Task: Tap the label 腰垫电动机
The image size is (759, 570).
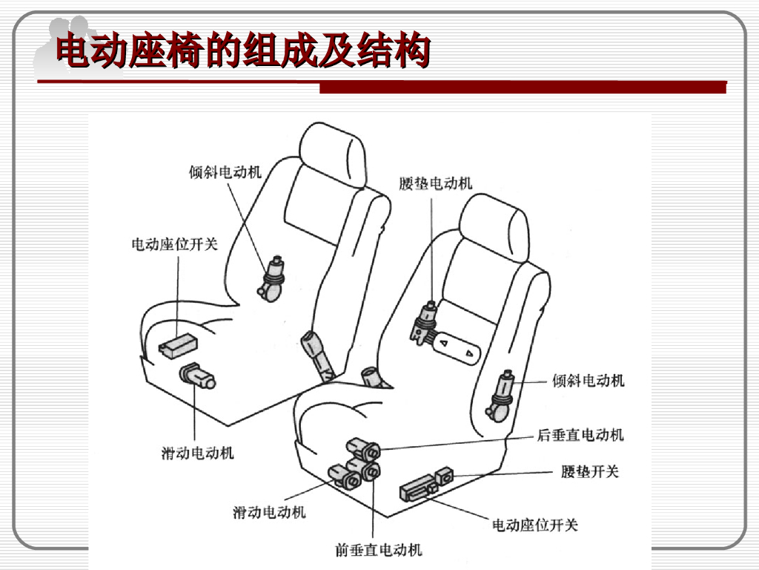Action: coord(435,183)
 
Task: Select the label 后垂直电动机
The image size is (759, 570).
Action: coord(580,435)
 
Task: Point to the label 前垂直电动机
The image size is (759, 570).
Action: coord(378,550)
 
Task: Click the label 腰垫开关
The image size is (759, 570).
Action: coord(589,471)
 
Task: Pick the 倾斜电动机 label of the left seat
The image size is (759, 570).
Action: coord(225,172)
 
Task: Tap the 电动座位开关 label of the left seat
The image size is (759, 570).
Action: coord(175,244)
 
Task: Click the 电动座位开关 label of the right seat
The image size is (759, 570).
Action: coord(535,525)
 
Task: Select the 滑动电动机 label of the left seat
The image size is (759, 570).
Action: coord(197,452)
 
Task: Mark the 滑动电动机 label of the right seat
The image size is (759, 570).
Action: coord(269,511)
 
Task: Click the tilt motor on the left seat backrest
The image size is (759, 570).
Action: coord(272,278)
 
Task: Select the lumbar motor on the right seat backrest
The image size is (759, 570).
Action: coord(425,321)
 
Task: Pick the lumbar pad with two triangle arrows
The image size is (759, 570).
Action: coord(457,347)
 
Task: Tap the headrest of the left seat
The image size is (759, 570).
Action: coord(333,154)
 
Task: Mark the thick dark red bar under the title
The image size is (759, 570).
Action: coord(523,88)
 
